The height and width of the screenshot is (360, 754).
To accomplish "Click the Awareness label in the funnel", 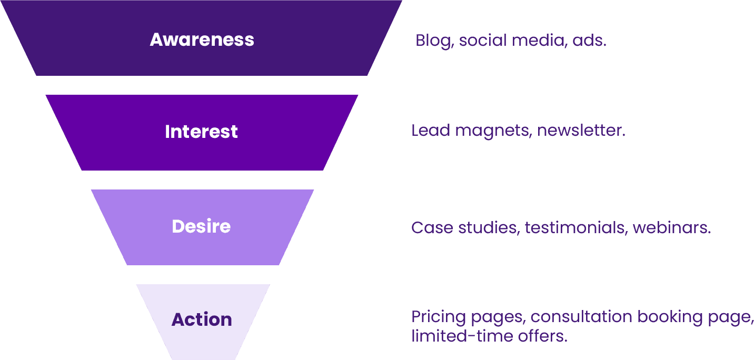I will (202, 39).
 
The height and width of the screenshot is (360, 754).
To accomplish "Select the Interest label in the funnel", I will (201, 131).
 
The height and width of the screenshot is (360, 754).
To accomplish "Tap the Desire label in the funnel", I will (201, 226).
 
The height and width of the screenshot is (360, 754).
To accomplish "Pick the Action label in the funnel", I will (202, 319).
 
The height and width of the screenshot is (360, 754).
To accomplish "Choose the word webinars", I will (672, 228).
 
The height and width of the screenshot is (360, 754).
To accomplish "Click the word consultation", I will (581, 317).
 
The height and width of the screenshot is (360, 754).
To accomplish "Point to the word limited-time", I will (453, 336).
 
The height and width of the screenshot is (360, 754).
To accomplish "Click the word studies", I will (488, 228).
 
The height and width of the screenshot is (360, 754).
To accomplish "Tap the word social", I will (485, 41).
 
